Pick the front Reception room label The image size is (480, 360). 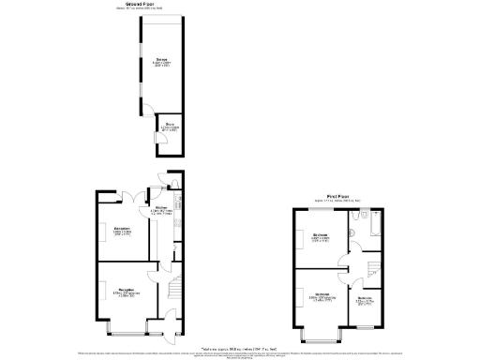pyautogui.click(x=123, y=292)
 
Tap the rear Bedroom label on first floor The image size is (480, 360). pyautogui.click(x=320, y=237)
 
